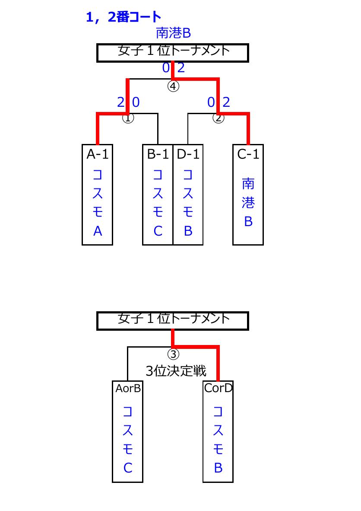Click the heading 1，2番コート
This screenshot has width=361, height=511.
point(123,17)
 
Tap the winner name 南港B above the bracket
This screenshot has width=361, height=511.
point(173,33)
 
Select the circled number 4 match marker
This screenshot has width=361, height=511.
point(173,86)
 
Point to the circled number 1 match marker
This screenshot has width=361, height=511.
point(128,118)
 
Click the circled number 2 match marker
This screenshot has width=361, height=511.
point(218,118)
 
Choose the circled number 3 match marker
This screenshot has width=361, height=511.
point(173,354)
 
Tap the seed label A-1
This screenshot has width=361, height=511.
point(97,154)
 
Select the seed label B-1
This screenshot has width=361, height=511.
point(158,154)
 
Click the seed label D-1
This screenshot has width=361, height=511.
point(188,154)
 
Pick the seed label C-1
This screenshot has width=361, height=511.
point(248,154)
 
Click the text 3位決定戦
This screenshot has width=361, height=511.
point(176,371)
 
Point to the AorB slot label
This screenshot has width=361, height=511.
point(128,389)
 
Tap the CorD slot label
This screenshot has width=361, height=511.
point(218,388)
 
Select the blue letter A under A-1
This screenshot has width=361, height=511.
point(98,231)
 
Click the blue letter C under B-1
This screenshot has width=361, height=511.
point(158,231)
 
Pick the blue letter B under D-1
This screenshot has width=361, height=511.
point(188,231)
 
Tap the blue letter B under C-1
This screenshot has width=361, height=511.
point(248,222)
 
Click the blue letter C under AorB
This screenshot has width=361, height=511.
point(128,468)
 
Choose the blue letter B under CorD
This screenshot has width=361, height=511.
point(218,468)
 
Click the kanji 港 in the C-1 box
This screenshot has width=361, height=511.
point(248,203)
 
